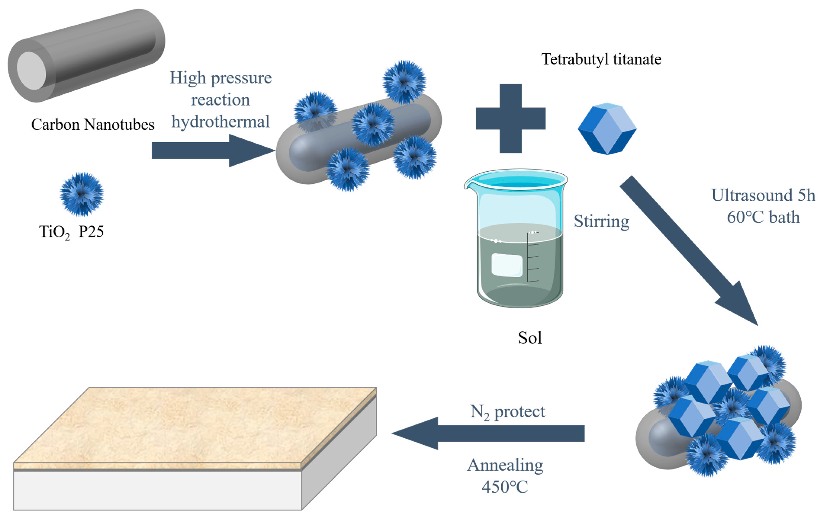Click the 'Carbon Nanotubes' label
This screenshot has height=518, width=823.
click(93, 125)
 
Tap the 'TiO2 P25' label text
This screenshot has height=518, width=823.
click(71, 232)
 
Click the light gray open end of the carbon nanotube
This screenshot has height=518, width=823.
click(31, 71)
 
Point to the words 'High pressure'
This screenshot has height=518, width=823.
click(220, 78)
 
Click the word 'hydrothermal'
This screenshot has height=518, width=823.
click(220, 122)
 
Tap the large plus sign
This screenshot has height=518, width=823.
click(511, 118)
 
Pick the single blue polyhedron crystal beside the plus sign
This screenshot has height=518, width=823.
click(607, 129)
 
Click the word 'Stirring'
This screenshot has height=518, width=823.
click(601, 221)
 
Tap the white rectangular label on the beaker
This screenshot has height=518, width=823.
click(507, 265)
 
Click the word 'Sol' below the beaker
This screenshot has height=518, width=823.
click(530, 338)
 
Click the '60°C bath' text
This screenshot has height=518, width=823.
click(763, 218)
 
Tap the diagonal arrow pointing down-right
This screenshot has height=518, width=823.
click(690, 251)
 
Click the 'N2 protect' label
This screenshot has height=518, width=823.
click(508, 412)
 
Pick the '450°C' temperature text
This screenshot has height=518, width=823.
click(505, 487)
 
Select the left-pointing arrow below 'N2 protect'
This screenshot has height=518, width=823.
click(489, 433)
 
